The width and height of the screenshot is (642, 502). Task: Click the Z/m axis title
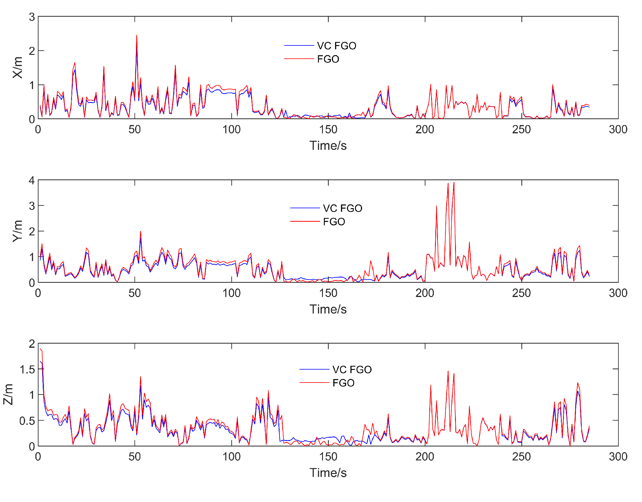click(8, 394)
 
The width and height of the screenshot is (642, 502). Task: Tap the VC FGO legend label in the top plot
click(336, 46)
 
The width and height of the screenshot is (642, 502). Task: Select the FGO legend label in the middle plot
click(334, 222)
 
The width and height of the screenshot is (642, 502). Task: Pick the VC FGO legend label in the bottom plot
click(352, 369)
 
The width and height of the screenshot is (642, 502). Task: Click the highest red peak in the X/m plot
click(137, 36)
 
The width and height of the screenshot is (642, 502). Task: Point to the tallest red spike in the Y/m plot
click(454, 183)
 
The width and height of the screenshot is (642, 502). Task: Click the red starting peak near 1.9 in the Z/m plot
click(40, 349)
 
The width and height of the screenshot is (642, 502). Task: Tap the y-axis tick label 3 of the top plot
click(32, 17)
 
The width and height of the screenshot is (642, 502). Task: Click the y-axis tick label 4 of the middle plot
click(32, 181)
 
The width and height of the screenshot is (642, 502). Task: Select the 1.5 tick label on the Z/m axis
click(27, 369)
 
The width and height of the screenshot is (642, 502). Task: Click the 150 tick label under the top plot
click(328, 129)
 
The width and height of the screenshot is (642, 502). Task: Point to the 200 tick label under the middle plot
click(425, 293)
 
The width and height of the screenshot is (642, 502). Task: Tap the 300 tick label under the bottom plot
click(618, 457)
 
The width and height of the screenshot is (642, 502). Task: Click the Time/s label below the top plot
click(328, 146)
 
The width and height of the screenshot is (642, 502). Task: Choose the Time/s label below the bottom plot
click(328, 473)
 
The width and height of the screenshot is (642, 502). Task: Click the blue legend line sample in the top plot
click(299, 45)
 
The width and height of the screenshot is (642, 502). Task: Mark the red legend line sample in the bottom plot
click(314, 383)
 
